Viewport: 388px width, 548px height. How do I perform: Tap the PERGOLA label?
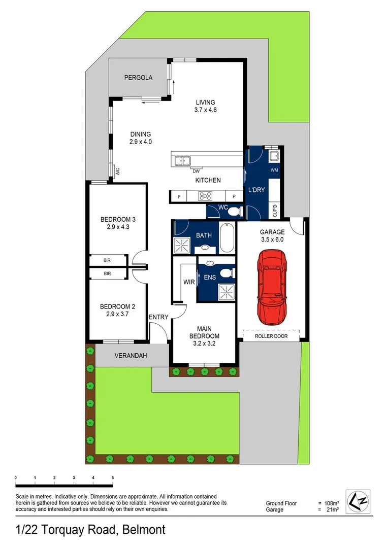(138, 78)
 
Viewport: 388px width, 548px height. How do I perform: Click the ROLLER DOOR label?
(272, 336)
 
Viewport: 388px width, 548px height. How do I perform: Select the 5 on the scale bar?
(113, 478)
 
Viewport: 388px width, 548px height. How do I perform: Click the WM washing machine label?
(274, 169)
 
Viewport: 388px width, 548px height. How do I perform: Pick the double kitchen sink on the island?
(182, 161)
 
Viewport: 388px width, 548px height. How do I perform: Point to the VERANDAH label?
(131, 356)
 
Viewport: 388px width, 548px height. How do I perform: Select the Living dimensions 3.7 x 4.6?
(206, 110)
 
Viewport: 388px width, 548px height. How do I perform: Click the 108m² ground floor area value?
(332, 503)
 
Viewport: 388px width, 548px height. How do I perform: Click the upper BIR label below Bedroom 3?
(107, 260)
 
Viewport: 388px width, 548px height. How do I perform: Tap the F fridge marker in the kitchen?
(178, 196)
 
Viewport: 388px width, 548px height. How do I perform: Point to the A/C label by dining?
(117, 172)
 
